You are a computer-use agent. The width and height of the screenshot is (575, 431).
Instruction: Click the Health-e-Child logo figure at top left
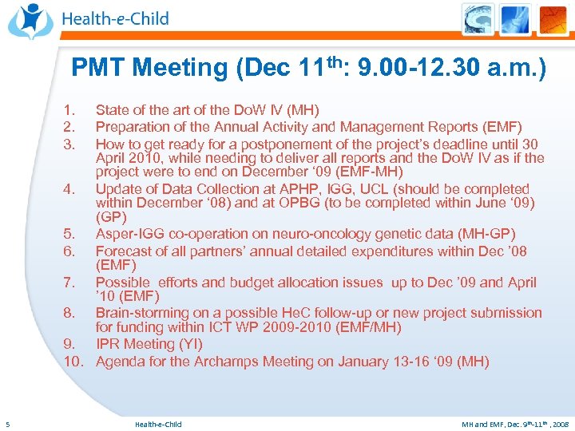click(30, 20)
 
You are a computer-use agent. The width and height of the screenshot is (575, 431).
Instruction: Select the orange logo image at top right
click(551, 19)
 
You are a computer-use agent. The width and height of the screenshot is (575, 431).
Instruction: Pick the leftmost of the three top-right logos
click(478, 19)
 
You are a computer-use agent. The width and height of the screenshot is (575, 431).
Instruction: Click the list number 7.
click(70, 283)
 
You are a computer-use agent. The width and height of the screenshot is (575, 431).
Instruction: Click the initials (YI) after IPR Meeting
click(191, 344)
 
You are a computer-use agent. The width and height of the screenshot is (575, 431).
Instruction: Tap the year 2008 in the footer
click(559, 424)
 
